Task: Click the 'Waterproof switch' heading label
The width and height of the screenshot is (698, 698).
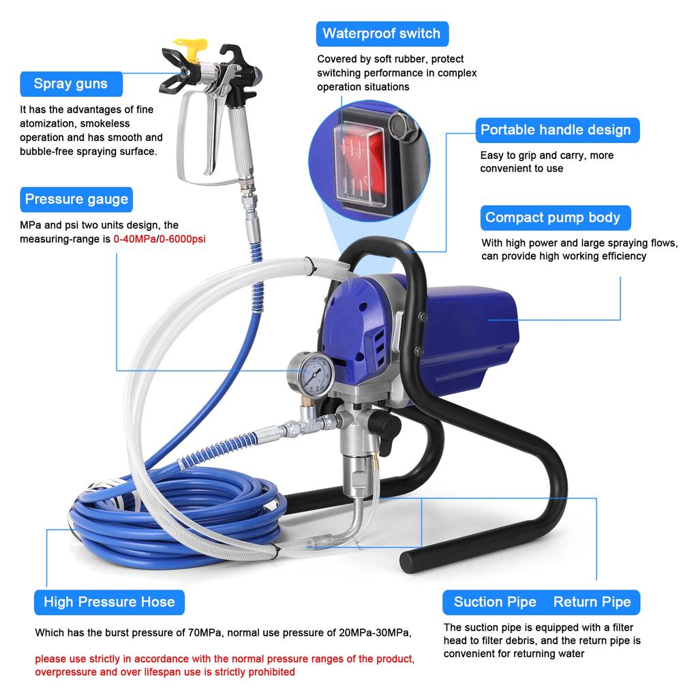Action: [381, 33]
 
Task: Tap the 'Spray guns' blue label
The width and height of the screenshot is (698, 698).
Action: [71, 84]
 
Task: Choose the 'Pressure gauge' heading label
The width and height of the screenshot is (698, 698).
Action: [76, 200]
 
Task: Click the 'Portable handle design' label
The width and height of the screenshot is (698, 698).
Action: [556, 130]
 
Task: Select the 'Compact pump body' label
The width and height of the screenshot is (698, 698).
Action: [553, 218]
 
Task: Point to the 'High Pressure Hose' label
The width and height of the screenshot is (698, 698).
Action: [109, 602]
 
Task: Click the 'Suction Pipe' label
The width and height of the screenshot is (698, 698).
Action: [495, 602]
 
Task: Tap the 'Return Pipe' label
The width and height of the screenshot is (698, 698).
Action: [592, 602]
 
